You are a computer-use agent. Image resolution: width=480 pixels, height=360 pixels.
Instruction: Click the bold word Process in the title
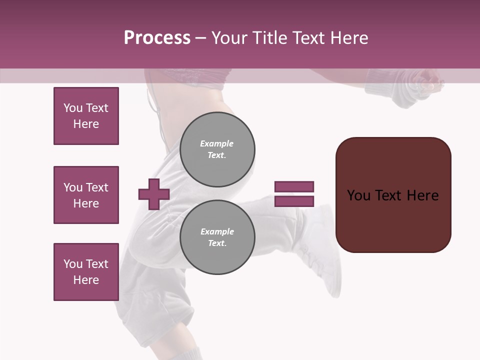point(157,38)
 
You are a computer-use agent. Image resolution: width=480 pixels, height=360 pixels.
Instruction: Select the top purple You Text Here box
point(86,116)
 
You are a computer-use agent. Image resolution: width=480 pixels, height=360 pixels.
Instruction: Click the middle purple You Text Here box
point(86,195)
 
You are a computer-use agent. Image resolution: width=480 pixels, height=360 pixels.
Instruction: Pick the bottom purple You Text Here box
point(86,272)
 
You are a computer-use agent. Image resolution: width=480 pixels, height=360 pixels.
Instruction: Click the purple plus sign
point(154,194)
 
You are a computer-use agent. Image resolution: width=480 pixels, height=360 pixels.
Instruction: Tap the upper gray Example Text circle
point(217,149)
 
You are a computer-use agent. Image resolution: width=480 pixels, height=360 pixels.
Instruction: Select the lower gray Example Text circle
point(217,237)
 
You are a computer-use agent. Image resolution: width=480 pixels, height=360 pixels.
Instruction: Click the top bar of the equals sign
point(294,186)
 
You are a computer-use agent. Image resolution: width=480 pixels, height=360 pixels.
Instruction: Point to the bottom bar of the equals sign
point(294,201)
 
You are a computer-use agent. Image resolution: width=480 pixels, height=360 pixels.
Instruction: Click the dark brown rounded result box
point(393,194)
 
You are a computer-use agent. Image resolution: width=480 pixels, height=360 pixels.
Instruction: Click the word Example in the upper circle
point(217,143)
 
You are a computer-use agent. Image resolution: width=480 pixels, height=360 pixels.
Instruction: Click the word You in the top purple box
point(72,108)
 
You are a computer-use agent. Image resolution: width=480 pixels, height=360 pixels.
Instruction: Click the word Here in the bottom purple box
point(86,280)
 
